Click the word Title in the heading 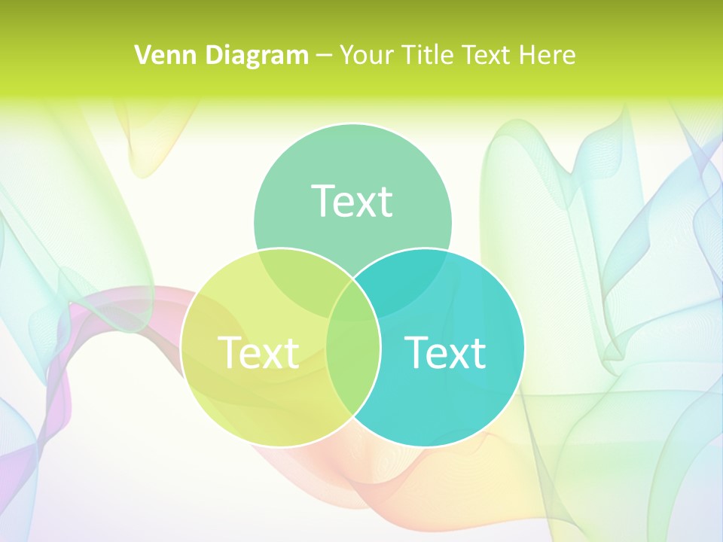click(x=428, y=55)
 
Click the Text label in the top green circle click(x=352, y=201)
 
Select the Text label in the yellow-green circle click(x=258, y=352)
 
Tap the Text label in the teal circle click(x=445, y=352)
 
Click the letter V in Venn click(x=142, y=55)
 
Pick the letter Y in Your click(x=347, y=55)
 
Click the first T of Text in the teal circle click(x=416, y=352)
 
